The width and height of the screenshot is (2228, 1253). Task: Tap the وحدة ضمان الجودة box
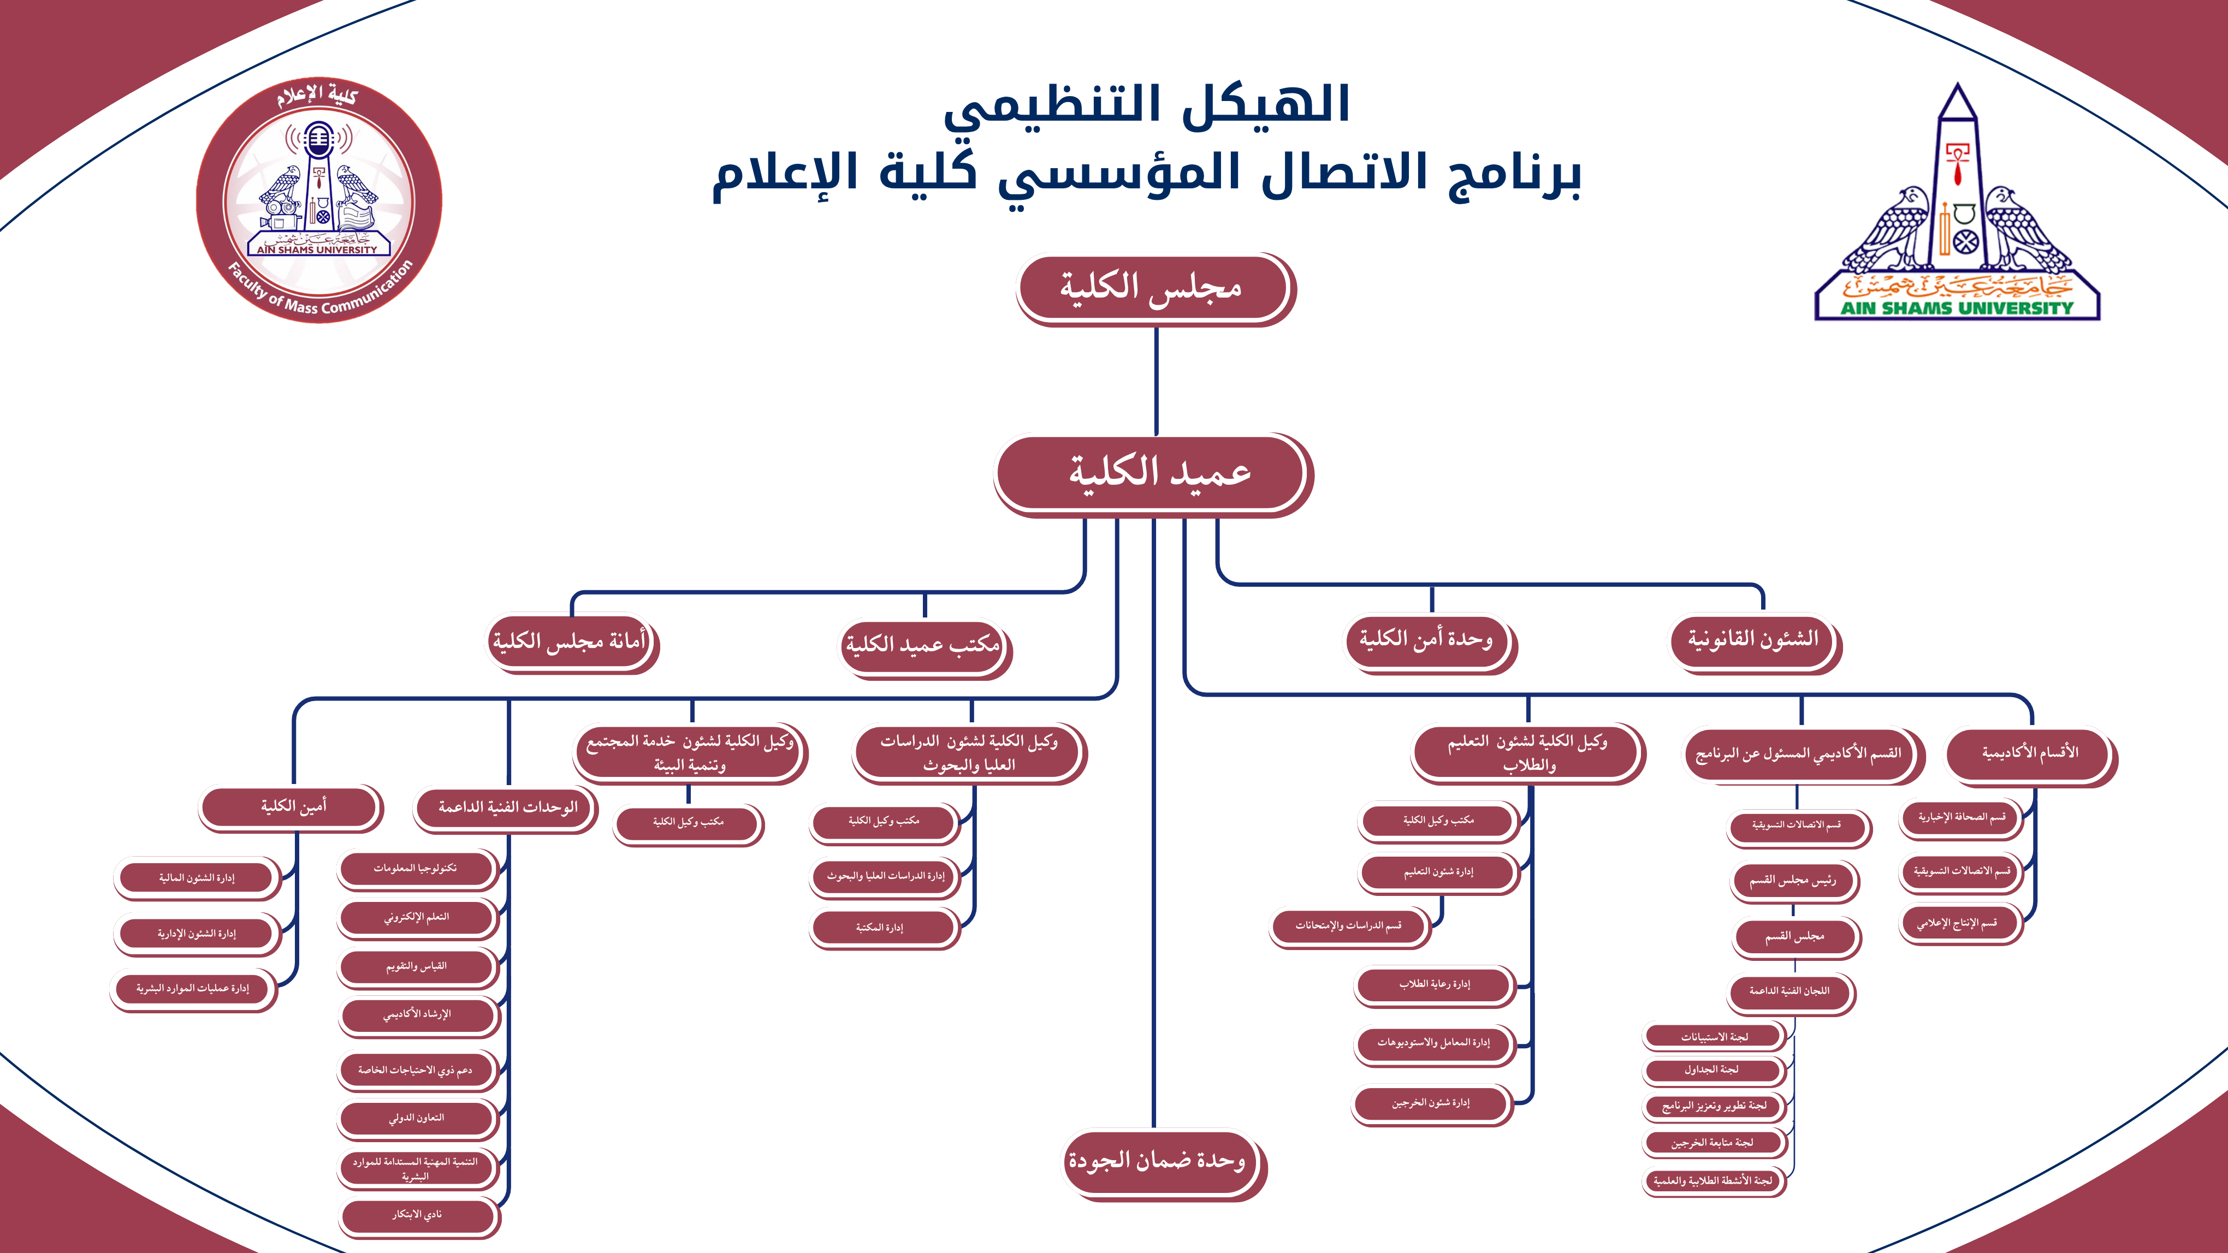1157,1161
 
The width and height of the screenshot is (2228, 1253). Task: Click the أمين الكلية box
292,806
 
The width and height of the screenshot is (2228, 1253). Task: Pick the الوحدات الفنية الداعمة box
506,807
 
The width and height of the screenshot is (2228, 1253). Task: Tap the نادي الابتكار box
417,1215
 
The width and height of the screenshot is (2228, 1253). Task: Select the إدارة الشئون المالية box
197,878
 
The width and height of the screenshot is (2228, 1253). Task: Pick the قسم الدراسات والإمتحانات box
1348,926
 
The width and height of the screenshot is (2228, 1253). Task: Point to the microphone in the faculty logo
318,142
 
